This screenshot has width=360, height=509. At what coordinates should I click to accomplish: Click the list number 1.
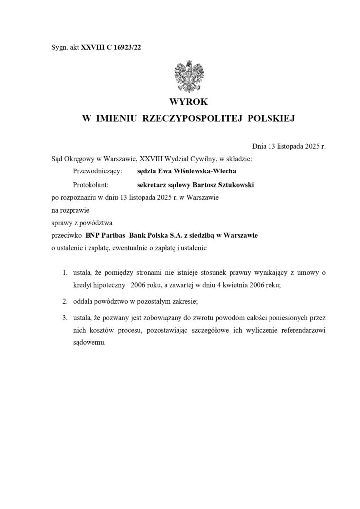65,273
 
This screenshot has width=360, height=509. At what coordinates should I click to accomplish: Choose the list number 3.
65,316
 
